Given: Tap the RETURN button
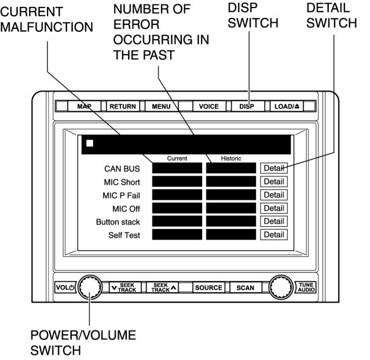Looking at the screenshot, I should click(122, 107).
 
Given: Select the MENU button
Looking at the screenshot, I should click(161, 107).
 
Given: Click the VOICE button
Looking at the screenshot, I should click(208, 107).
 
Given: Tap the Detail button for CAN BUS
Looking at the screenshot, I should click(273, 168).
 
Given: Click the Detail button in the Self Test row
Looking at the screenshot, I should click(273, 235).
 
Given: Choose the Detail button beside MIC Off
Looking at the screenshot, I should click(273, 208).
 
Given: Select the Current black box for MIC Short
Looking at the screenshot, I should click(177, 181).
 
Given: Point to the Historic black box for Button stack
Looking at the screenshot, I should click(230, 221).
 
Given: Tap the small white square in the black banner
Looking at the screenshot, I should click(90, 143).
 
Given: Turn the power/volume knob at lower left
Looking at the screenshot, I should click(90, 287).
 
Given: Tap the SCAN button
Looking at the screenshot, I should click(245, 288).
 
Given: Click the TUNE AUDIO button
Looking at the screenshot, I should click(306, 287).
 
